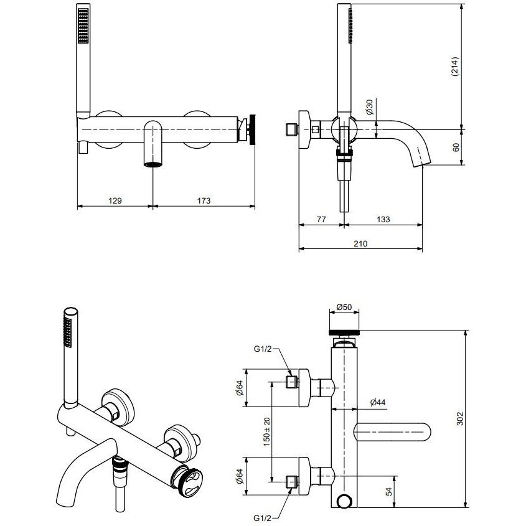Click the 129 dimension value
pyautogui.click(x=115, y=200)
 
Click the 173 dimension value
pyautogui.click(x=204, y=200)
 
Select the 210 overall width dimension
pyautogui.click(x=360, y=243)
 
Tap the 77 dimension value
pyautogui.click(x=321, y=219)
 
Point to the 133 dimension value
pyautogui.click(x=383, y=219)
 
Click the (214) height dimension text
pyautogui.click(x=455, y=67)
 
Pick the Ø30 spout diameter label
pyautogui.click(x=369, y=106)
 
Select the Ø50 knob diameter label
pyautogui.click(x=344, y=307)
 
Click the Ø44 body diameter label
pyautogui.click(x=378, y=402)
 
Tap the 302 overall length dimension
pyautogui.click(x=459, y=419)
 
